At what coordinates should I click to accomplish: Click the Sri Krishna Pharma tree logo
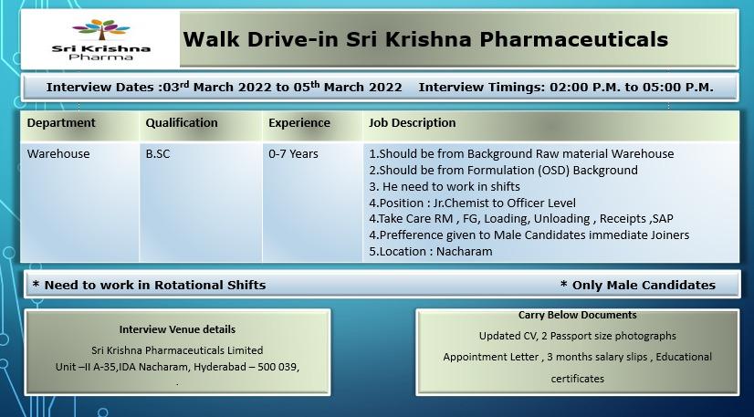click(x=101, y=40)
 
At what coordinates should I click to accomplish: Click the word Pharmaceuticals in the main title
click(x=574, y=39)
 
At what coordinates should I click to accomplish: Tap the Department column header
click(x=61, y=123)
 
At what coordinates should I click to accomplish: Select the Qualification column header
click(x=182, y=123)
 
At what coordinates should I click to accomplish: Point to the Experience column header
click(x=299, y=123)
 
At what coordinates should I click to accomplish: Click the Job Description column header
click(x=412, y=123)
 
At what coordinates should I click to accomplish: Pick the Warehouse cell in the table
click(x=58, y=153)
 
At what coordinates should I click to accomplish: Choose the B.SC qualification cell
click(x=158, y=153)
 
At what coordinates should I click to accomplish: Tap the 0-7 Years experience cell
click(x=293, y=153)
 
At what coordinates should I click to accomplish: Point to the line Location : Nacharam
click(x=430, y=251)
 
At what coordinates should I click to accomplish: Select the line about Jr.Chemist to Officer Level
click(x=472, y=203)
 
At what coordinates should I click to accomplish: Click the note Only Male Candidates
click(x=638, y=285)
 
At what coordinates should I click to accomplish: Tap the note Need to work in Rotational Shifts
click(x=149, y=285)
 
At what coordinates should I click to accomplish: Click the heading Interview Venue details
click(x=177, y=329)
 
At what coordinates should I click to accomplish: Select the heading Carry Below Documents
click(x=578, y=315)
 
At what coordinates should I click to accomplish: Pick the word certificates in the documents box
click(x=578, y=379)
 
